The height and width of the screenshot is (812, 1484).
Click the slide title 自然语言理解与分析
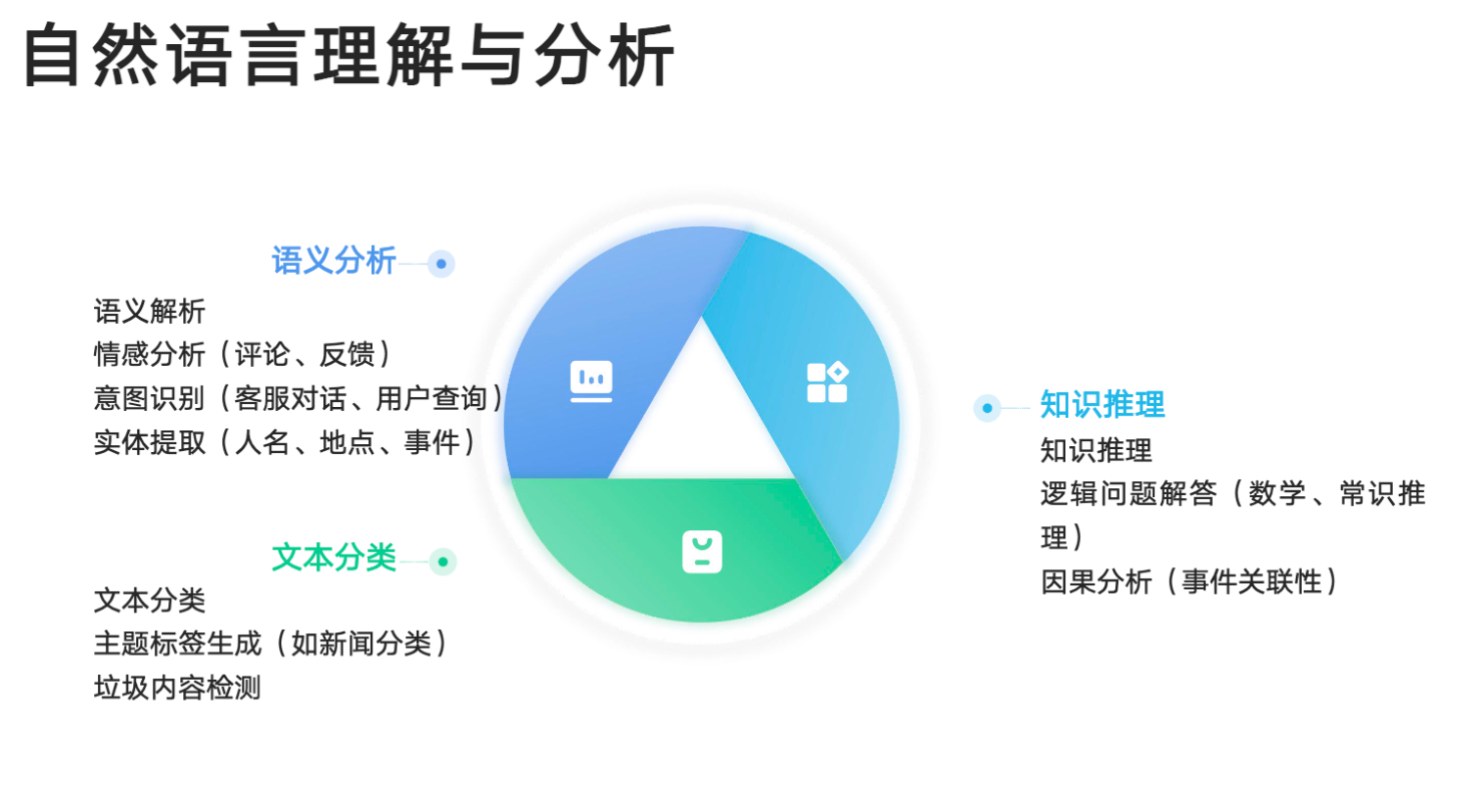(349, 55)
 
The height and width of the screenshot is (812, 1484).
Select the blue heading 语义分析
(334, 260)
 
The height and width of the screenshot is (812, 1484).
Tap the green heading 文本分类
(334, 557)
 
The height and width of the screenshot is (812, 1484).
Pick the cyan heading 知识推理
(1102, 404)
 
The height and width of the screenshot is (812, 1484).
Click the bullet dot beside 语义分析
(441, 264)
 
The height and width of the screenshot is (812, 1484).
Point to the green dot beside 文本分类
(442, 563)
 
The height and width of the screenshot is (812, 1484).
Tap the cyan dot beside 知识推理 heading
(987, 408)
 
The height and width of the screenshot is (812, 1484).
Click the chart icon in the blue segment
(591, 382)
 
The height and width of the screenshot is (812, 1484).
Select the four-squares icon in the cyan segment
(827, 382)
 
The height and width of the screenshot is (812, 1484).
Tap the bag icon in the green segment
(702, 551)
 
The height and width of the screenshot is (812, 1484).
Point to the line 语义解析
(150, 311)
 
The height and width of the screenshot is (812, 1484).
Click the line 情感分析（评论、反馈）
(243, 354)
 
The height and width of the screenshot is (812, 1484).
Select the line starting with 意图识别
(299, 398)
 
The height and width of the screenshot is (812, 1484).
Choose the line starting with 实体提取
(285, 442)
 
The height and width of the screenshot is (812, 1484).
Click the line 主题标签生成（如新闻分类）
(271, 643)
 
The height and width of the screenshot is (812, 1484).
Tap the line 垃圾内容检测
(177, 688)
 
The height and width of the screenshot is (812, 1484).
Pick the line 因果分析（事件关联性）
(1189, 581)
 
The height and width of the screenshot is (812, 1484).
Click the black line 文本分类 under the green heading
(150, 600)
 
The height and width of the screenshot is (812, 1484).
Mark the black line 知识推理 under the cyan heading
(1096, 450)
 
